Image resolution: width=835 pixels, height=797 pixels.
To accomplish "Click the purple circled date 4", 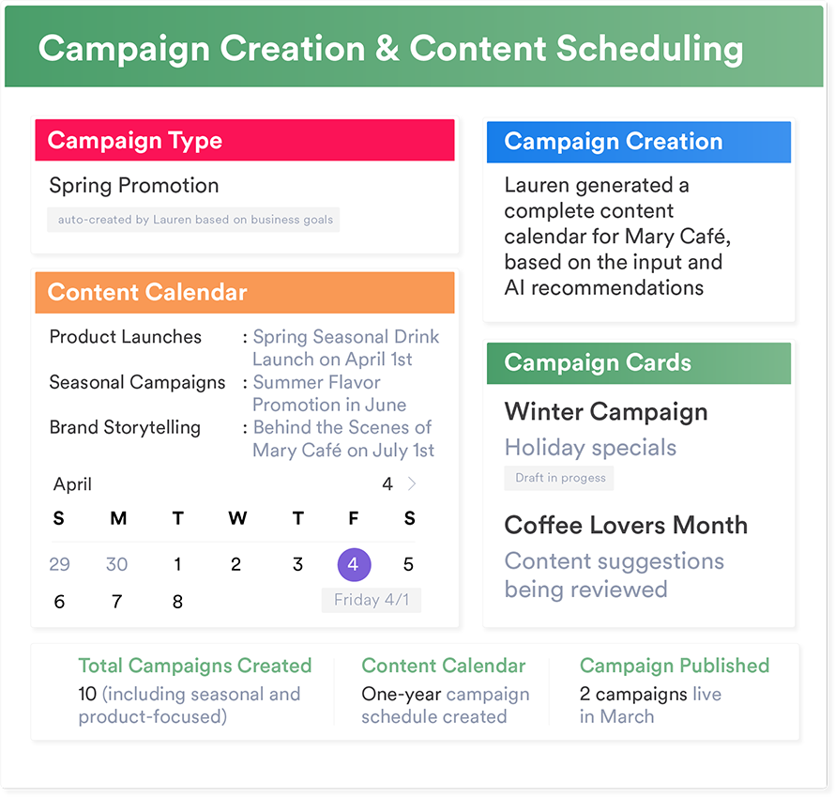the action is (x=354, y=564).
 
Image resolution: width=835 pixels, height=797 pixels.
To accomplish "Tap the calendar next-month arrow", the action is (x=412, y=483).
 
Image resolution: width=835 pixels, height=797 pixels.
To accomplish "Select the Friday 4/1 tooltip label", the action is (x=372, y=600).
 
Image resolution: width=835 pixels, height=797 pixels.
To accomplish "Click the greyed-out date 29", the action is (x=59, y=564).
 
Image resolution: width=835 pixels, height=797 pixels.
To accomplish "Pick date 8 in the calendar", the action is (x=178, y=602).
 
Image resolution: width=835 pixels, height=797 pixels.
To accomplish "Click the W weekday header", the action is (x=237, y=518).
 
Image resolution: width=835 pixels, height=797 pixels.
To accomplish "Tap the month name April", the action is (x=72, y=484).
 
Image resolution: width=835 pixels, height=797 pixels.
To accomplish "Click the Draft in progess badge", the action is (x=559, y=478).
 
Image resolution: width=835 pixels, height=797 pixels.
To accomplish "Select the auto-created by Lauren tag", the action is (x=193, y=220).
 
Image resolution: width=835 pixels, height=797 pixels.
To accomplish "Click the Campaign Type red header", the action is (x=245, y=140).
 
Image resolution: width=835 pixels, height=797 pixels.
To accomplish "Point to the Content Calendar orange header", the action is (x=245, y=293).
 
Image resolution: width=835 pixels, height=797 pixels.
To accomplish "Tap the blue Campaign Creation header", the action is (x=639, y=143).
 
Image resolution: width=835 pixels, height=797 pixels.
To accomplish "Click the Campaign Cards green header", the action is (x=639, y=363).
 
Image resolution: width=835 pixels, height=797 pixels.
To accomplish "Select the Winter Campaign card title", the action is (x=606, y=412).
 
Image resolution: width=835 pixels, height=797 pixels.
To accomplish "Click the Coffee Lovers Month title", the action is (x=626, y=526).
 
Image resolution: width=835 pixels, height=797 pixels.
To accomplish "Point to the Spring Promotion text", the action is (x=134, y=186).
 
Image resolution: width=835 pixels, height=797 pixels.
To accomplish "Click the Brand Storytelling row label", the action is (x=125, y=428).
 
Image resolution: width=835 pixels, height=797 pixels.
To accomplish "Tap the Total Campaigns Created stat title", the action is (x=195, y=666).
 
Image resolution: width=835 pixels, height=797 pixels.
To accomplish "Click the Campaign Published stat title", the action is (x=675, y=666).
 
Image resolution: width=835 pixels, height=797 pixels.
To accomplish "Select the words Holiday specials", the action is (x=590, y=448).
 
